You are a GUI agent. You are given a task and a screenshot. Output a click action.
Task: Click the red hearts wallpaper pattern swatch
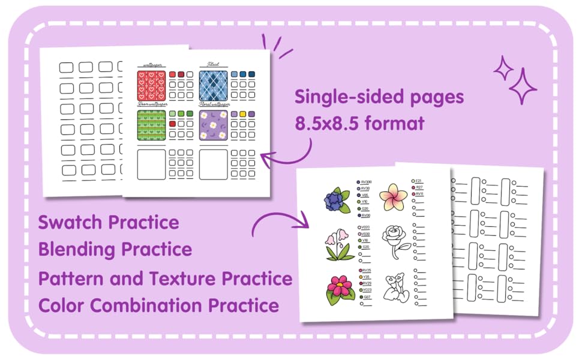pyautogui.click(x=151, y=85)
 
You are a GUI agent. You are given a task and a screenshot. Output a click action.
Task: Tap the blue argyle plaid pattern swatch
pyautogui.click(x=214, y=85)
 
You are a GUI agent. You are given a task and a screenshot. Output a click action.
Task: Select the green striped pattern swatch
pyautogui.click(x=151, y=125)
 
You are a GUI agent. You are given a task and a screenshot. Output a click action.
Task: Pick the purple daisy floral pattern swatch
pyautogui.click(x=214, y=125)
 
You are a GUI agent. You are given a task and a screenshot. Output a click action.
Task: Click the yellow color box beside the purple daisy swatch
pyautogui.click(x=242, y=114)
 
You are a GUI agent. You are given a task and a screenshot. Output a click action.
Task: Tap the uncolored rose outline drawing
pyautogui.click(x=397, y=240)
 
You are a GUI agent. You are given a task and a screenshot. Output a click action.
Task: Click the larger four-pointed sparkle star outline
pyautogui.click(x=522, y=86)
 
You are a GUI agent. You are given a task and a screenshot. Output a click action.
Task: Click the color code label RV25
pyautogui.click(x=367, y=271)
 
